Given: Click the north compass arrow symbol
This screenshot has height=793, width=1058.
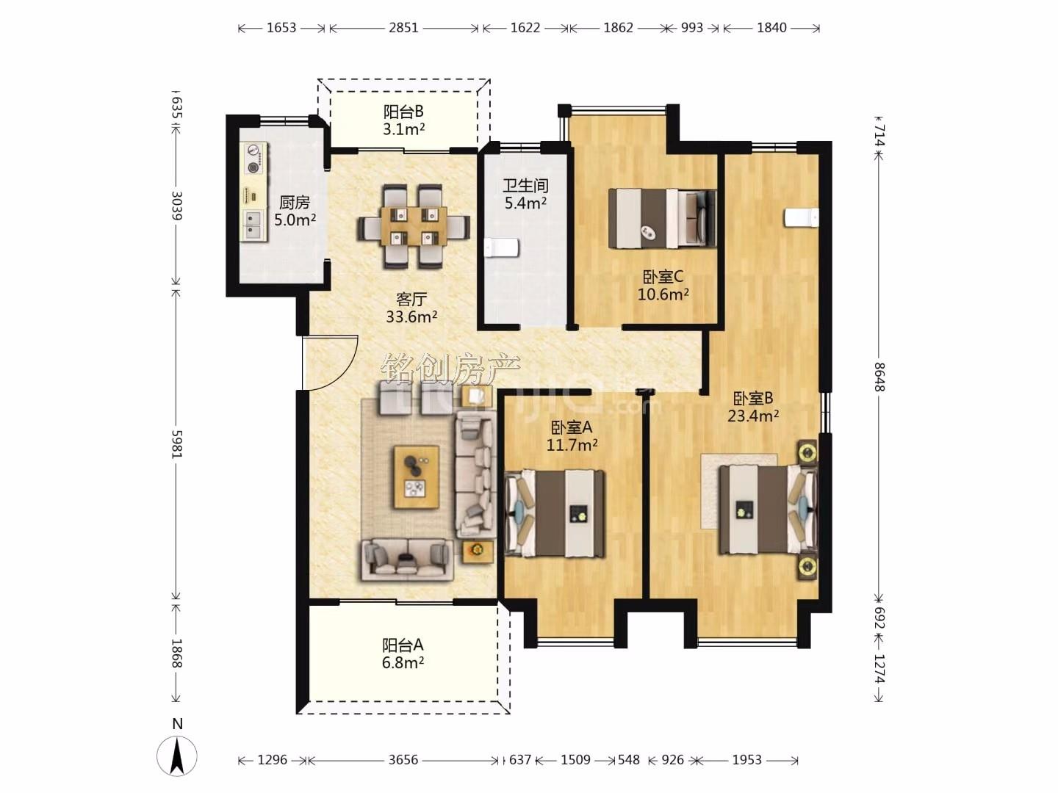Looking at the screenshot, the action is tap(177, 756).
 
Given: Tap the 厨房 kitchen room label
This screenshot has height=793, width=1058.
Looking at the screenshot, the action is tap(295, 211).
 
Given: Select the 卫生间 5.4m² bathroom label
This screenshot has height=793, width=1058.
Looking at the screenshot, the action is tap(525, 194).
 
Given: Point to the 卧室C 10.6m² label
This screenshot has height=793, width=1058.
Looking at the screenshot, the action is tap(663, 285).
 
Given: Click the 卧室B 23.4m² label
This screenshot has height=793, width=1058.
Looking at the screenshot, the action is tap(753, 407).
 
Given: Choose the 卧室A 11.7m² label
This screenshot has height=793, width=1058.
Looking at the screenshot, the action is tap(572, 435).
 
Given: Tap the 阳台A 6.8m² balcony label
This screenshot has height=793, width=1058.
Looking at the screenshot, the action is tap(403, 653).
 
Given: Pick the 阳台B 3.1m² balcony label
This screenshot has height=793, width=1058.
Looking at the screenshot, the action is tap(403, 120).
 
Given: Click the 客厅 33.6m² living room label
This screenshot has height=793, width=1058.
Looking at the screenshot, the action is tap(411, 308).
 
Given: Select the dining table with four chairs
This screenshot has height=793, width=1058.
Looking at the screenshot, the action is tap(414, 226).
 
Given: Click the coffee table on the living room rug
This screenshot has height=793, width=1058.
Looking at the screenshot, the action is tap(417, 477).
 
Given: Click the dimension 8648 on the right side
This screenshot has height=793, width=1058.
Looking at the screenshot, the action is tap(879, 377).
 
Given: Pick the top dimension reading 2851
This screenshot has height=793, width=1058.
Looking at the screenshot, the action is tap(403, 28).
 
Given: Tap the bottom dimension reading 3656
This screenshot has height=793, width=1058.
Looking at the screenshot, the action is tap(403, 760).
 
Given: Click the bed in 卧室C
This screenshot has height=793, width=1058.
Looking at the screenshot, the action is tap(662, 219).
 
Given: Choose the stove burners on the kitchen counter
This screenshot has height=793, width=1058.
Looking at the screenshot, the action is tap(253, 159).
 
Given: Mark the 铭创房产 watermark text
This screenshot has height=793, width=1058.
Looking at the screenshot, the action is tap(450, 369).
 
